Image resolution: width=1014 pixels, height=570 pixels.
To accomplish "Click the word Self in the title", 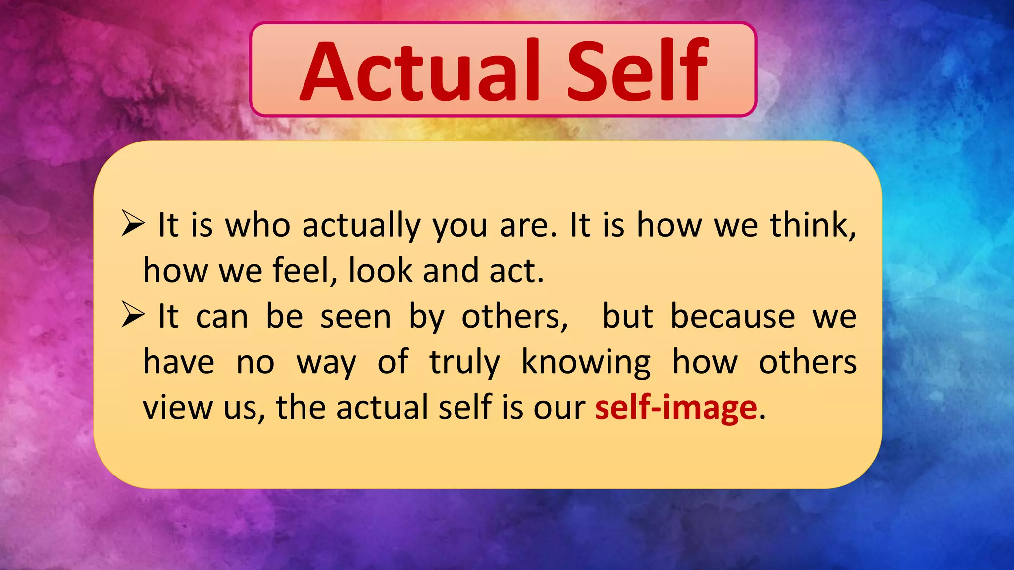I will (637, 70).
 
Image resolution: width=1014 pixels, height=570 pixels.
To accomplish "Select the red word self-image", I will (676, 408).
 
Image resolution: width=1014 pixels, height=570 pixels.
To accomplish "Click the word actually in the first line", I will (361, 226).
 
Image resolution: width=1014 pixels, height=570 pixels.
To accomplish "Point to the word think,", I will (812, 225).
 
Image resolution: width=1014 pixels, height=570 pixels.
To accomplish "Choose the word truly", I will (464, 363).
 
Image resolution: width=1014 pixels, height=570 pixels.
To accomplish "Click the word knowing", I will (586, 363).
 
